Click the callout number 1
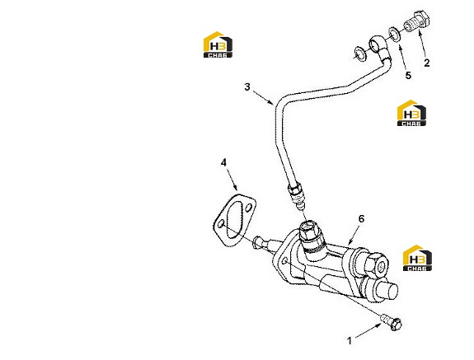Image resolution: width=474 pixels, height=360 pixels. click(x=350, y=341)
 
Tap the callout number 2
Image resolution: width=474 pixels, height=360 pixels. click(x=426, y=63)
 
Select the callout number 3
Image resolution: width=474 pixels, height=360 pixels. click(x=247, y=87)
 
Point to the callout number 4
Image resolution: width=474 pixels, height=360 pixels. click(x=223, y=163)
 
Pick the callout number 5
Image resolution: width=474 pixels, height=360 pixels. click(x=408, y=75)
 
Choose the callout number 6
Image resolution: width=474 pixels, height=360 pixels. click(x=362, y=218)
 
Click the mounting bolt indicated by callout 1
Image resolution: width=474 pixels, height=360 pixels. click(x=392, y=322)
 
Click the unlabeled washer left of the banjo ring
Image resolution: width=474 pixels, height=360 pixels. click(x=359, y=54)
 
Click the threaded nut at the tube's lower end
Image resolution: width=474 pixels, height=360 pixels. click(x=296, y=193)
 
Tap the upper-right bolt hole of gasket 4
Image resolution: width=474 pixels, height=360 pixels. click(x=249, y=208)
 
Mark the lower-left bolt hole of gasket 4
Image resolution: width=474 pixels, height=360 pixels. click(x=221, y=224)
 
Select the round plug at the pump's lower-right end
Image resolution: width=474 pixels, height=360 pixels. click(x=387, y=290)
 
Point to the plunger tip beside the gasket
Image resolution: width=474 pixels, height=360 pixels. click(x=258, y=242)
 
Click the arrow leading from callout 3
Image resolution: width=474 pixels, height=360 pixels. click(x=263, y=97)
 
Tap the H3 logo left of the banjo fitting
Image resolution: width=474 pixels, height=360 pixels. click(x=218, y=44)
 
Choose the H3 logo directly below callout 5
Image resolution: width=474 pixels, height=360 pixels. click(x=411, y=113)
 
